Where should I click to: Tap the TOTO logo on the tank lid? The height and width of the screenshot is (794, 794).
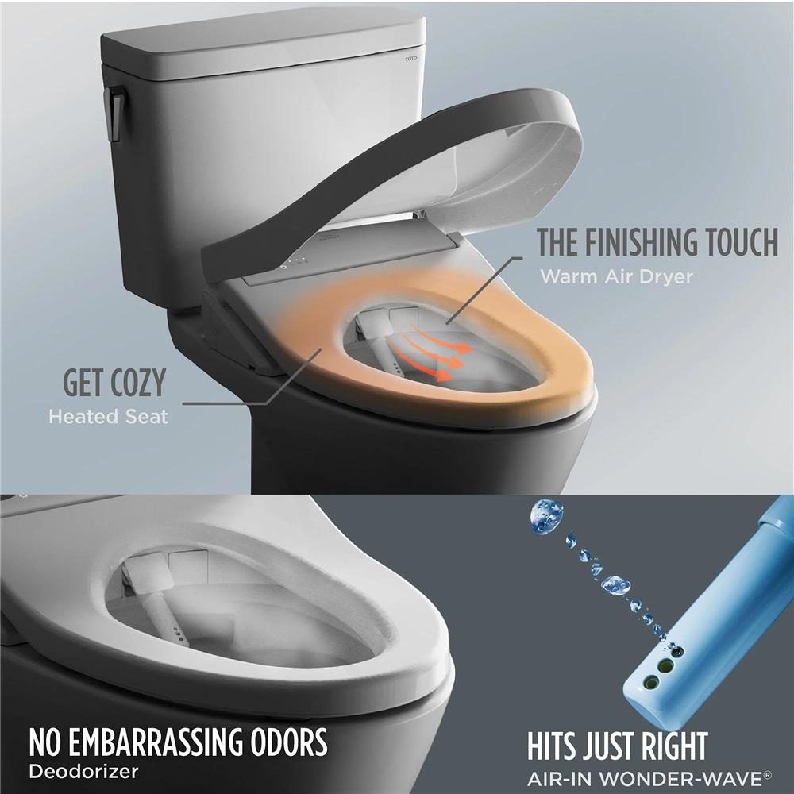[410, 58]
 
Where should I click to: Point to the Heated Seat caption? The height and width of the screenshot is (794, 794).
[108, 416]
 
